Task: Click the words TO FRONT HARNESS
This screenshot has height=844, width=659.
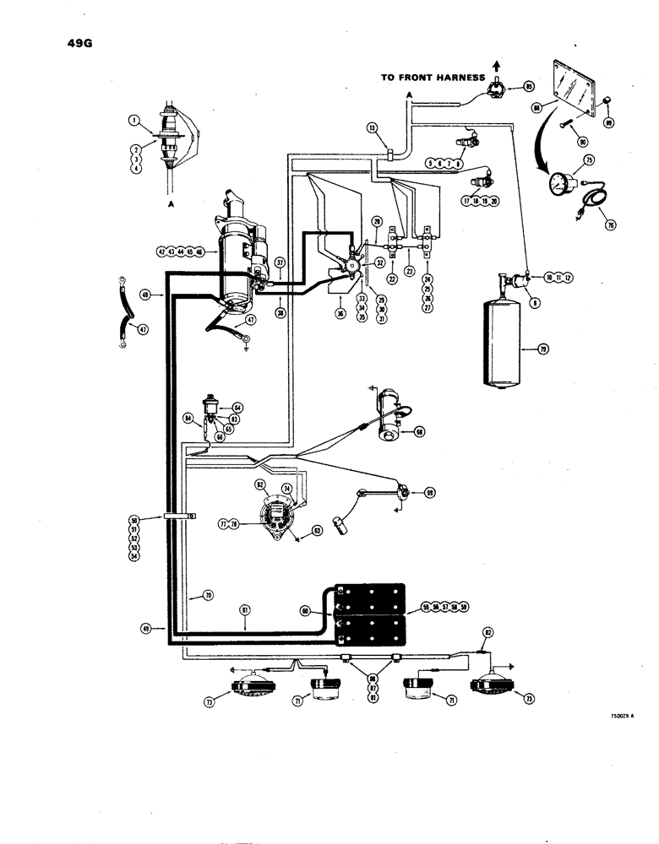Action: click(x=434, y=78)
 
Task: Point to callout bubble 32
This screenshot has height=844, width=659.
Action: click(x=379, y=262)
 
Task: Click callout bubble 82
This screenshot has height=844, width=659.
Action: click(x=487, y=631)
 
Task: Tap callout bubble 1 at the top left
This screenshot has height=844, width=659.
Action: click(x=133, y=121)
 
